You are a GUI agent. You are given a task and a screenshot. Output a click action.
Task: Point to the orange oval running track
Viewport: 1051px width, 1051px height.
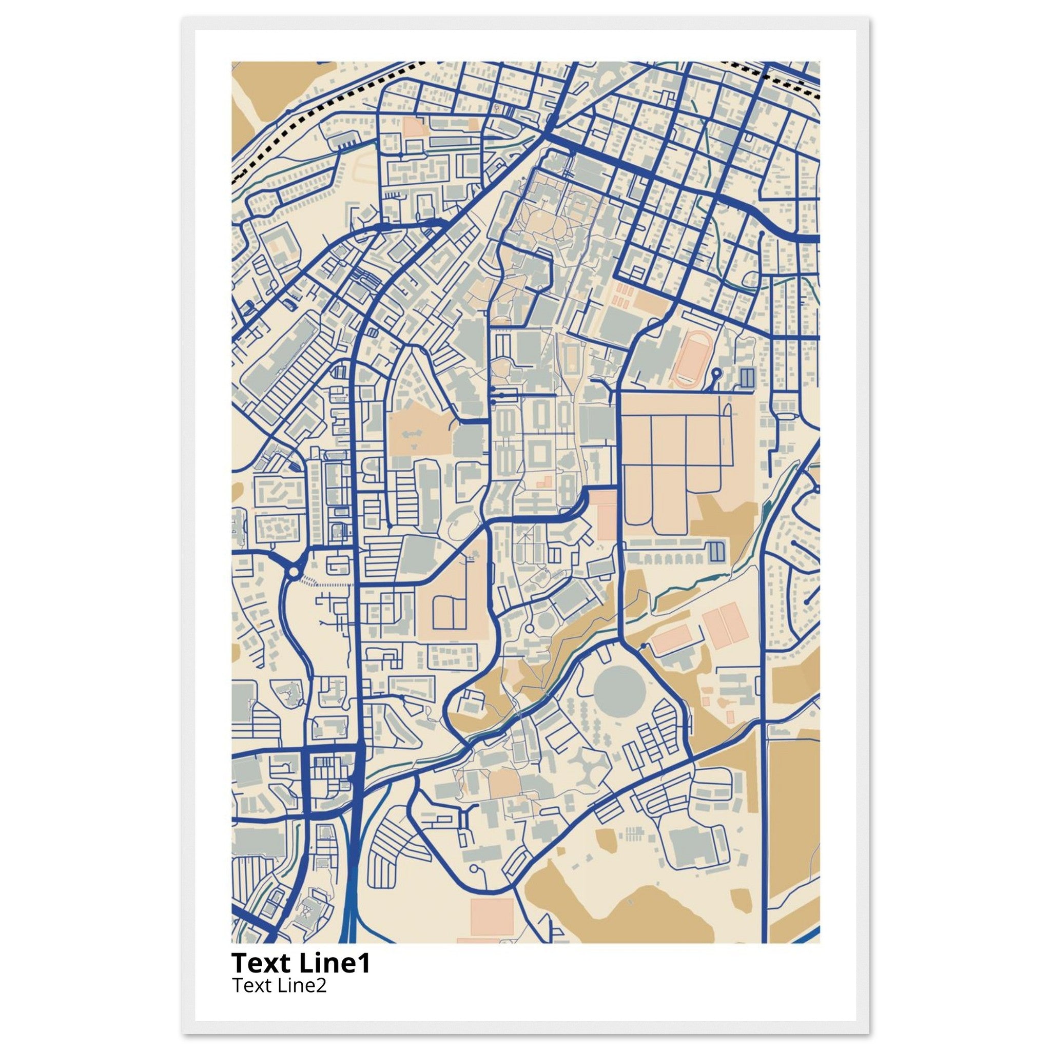tap(691, 359)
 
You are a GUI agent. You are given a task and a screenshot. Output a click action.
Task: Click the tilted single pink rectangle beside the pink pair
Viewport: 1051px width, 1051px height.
tap(671, 638)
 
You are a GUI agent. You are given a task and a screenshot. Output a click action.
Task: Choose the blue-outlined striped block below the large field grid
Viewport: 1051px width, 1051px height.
tap(717, 552)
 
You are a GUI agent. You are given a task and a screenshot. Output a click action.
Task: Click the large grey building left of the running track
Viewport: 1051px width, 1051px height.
tap(650, 356)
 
